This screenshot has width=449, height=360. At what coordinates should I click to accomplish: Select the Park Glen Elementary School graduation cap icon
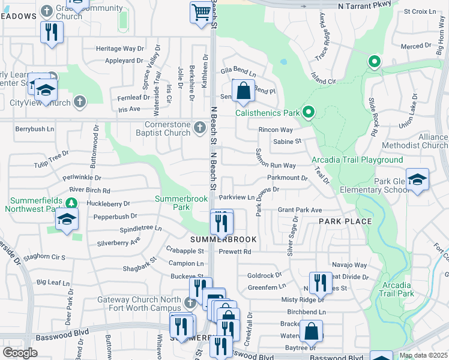point(417,178)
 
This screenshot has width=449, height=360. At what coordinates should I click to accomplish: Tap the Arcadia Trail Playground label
point(357,160)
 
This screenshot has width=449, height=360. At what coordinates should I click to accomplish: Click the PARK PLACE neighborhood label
point(345,221)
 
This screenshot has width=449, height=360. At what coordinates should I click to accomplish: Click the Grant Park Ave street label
point(300,210)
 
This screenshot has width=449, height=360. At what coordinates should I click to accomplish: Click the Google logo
point(20,353)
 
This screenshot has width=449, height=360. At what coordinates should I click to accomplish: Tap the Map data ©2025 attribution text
point(423,355)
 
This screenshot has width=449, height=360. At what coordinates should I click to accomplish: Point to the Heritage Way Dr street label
point(121,49)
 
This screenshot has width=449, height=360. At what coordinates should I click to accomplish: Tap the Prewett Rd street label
point(235,251)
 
